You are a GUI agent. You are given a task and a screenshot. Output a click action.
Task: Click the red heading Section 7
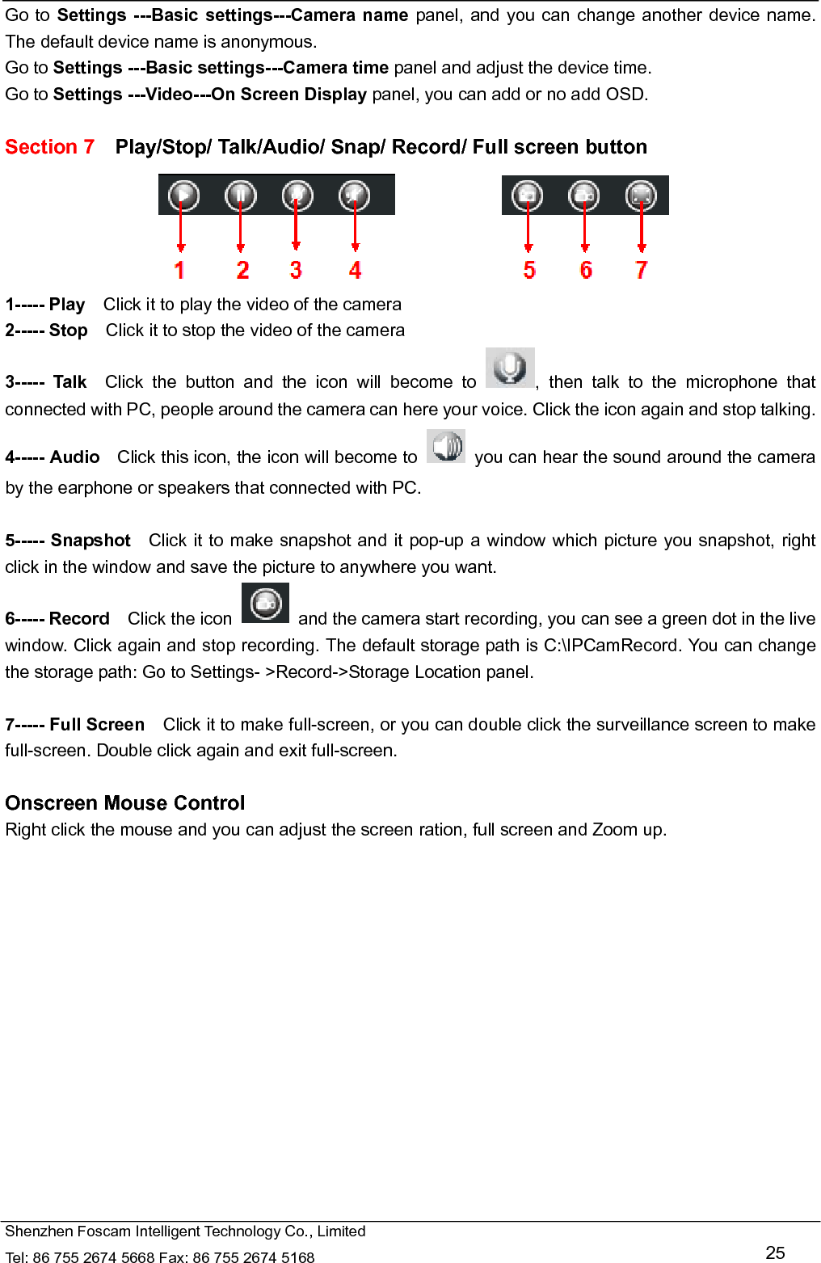pyautogui.click(x=49, y=147)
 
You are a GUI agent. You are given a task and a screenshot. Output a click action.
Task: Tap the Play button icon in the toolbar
pyautogui.click(x=183, y=196)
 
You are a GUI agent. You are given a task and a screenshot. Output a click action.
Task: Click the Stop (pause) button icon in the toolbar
pyautogui.click(x=240, y=196)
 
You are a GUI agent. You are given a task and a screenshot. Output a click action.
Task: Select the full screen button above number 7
pyautogui.click(x=641, y=196)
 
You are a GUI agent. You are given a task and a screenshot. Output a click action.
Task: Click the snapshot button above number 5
pyautogui.click(x=527, y=196)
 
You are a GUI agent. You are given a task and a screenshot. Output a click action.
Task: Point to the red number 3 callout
pyautogui.click(x=296, y=270)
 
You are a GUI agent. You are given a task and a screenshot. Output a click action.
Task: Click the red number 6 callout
pyautogui.click(x=586, y=270)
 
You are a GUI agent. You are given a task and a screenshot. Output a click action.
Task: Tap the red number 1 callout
pyautogui.click(x=179, y=270)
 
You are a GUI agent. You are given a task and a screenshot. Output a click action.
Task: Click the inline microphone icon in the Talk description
pyautogui.click(x=510, y=368)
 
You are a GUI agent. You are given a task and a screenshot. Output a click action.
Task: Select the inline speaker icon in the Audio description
pyautogui.click(x=446, y=446)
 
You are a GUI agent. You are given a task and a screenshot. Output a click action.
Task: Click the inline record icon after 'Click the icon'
pyautogui.click(x=265, y=604)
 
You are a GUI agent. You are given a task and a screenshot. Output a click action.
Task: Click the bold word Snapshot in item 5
pyautogui.click(x=91, y=541)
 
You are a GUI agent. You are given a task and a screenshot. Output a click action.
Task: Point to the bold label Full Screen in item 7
pyautogui.click(x=97, y=725)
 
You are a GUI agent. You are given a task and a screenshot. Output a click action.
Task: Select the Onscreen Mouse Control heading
pyautogui.click(x=125, y=803)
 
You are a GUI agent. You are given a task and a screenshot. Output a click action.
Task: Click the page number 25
pyautogui.click(x=775, y=1252)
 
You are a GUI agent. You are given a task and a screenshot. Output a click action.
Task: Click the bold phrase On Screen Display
pyautogui.click(x=288, y=95)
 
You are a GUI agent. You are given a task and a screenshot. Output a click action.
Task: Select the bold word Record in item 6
pyautogui.click(x=79, y=619)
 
